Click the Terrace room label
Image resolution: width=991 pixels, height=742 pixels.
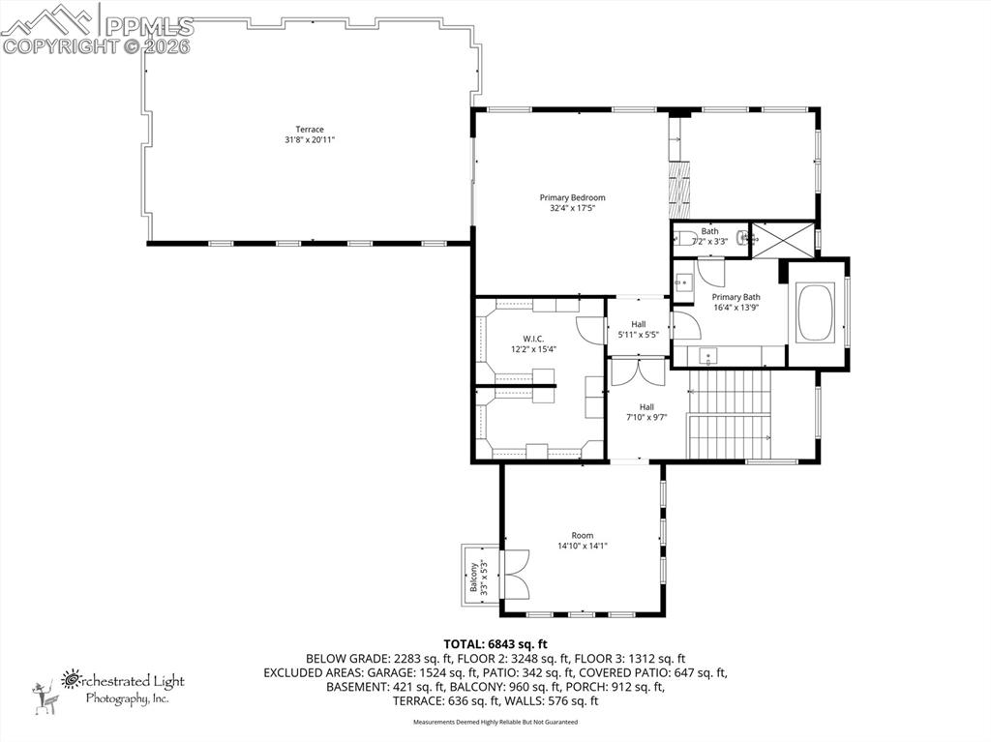310,130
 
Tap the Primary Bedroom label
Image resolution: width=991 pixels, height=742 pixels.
572,197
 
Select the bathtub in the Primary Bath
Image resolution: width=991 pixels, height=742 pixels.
816,312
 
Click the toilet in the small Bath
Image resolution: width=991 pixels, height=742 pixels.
685,237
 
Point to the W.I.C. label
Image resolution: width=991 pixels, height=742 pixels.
533,339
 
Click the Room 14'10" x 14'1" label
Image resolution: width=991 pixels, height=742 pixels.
582,535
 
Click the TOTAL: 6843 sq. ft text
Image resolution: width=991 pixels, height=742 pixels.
495,643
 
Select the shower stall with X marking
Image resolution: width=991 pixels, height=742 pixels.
784,238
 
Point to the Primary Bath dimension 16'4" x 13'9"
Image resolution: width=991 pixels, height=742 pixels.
736,307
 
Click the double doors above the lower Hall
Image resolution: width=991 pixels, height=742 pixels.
637,372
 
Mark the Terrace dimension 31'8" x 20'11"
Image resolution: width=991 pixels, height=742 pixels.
310,140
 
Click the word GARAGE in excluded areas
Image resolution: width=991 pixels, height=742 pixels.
391,672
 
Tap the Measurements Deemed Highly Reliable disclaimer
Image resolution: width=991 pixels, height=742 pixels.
495,722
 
